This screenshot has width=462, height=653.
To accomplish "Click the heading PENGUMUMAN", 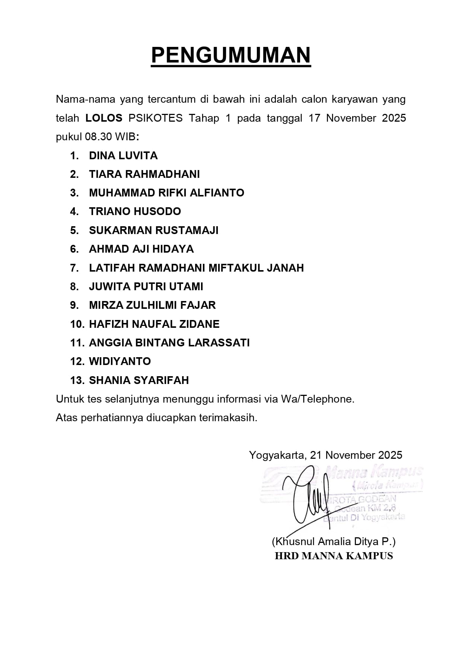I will tap(231, 55).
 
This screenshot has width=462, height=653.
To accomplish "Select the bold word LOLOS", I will tap(104, 118).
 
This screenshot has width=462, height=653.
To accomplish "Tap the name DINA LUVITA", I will tap(123, 156).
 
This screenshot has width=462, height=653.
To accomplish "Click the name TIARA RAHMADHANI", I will tap(144, 174).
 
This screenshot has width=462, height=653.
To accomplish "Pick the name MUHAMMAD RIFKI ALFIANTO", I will tap(166, 193).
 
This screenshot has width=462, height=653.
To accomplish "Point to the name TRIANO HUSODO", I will tap(135, 211).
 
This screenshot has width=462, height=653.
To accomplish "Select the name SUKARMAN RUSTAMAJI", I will tap(153, 230).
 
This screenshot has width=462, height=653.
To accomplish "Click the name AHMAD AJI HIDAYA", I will tap(141, 249).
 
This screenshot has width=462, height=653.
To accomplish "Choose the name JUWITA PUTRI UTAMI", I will tap(146, 287).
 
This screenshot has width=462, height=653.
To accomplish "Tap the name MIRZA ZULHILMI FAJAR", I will tap(152, 305).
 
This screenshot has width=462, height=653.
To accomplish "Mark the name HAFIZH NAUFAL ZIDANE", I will tap(154, 324).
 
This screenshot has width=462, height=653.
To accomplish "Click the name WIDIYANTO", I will tap(120, 361).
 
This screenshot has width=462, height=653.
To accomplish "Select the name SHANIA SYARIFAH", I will tap(139, 380).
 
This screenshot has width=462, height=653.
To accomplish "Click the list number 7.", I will tap(74, 268).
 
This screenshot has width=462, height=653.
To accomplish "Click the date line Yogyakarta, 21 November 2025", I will tap(325, 455).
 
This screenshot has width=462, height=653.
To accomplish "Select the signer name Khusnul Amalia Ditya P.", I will tap(334, 541).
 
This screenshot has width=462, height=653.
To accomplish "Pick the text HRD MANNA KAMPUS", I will tap(334, 556).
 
